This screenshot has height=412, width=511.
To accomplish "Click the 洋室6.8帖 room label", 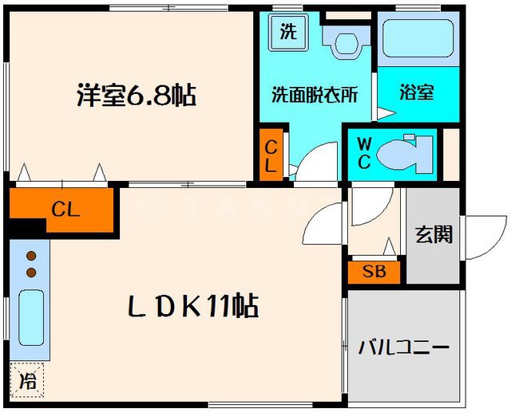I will click(137, 96).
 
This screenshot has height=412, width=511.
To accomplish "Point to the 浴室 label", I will click(417, 92).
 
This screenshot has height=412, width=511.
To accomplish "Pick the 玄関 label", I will click(434, 234).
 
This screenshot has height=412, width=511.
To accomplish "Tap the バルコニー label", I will click(404, 347).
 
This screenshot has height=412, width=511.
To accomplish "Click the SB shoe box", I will click(374, 272).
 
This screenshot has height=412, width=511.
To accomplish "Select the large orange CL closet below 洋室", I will click(64, 210).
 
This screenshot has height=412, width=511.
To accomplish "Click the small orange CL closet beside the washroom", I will click(271, 156).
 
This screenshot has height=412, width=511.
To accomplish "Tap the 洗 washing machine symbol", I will click(287, 32).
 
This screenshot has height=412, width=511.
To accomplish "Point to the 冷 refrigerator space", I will click(28, 380).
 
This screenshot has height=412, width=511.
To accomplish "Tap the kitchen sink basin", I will click(30, 316).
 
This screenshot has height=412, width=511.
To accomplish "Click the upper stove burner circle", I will click(32, 257).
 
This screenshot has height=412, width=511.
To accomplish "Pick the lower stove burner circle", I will click(32, 273).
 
